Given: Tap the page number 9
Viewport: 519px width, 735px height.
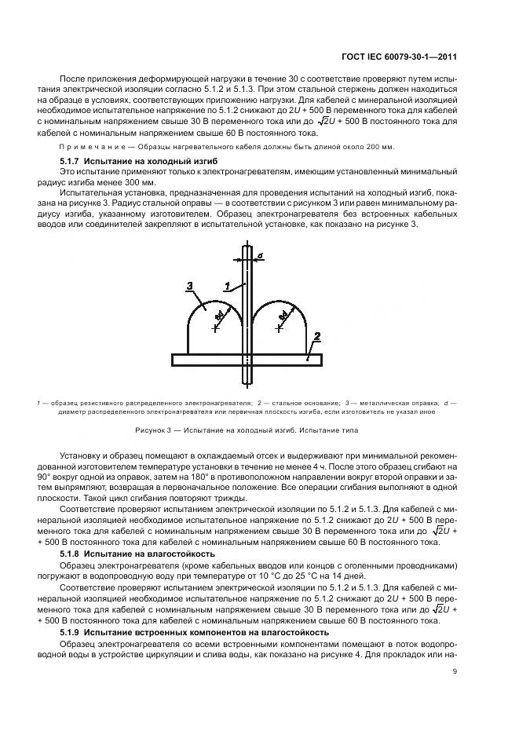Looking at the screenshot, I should [455, 671].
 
